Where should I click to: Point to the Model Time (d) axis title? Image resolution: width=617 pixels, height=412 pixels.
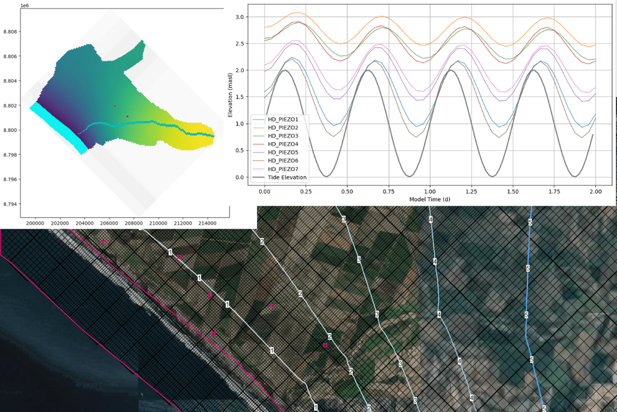(x=429, y=200)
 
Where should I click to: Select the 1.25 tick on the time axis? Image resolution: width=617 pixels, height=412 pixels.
(x=512, y=192)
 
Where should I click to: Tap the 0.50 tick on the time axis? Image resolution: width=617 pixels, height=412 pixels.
(x=347, y=192)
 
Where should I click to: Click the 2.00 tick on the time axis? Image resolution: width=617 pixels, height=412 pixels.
(x=595, y=192)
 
